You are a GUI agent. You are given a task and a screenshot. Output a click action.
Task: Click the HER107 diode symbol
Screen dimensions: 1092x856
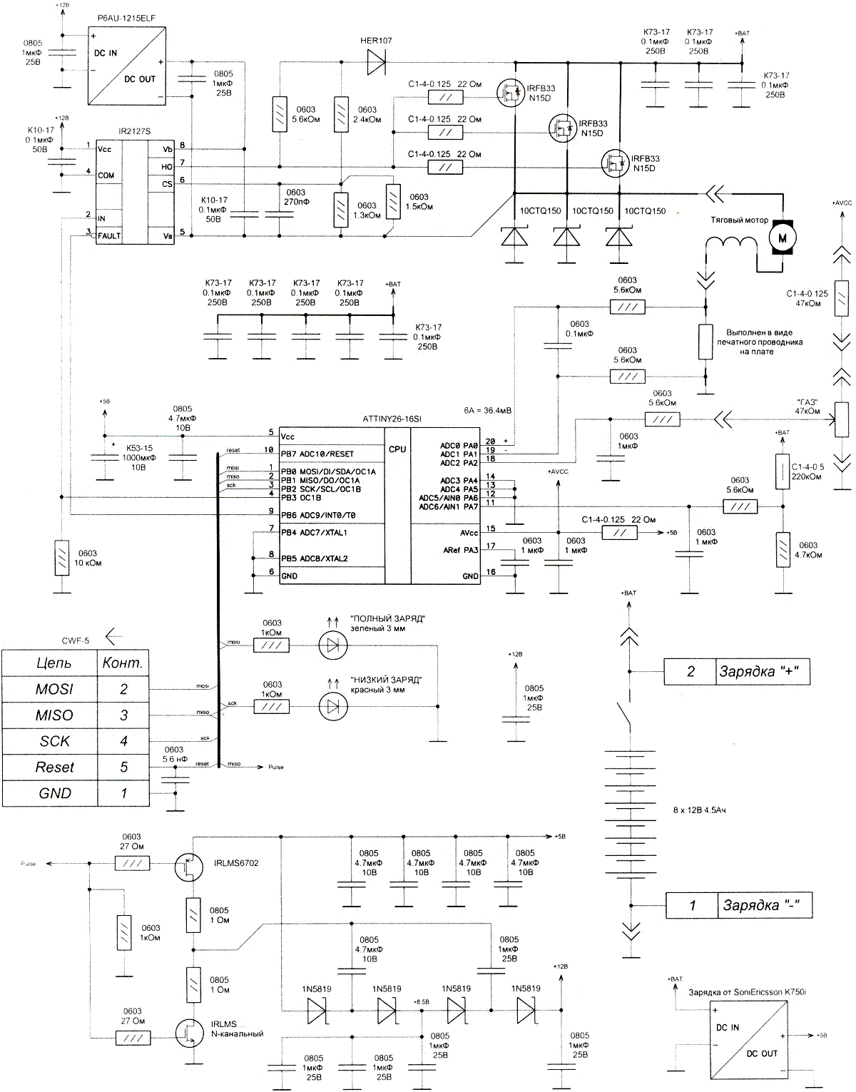coord(376,63)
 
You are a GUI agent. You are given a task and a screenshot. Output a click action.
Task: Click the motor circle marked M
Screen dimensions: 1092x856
coord(782,238)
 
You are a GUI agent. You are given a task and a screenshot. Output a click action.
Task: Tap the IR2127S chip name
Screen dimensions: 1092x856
coord(134,132)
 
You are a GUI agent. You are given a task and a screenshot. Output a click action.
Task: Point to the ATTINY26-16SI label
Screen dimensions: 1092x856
coord(392,419)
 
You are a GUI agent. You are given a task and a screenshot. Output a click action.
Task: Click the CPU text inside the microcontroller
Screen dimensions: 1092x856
coord(397,449)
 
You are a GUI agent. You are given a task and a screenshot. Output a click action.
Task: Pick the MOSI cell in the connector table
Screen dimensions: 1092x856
coord(54,689)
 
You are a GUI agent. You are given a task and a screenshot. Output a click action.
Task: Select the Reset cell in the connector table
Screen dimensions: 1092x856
coord(54,767)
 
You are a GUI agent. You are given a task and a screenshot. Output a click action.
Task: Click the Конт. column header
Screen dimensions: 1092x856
coord(123,663)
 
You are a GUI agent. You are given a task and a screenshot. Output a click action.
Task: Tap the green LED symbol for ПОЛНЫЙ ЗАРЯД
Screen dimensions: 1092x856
coord(332,645)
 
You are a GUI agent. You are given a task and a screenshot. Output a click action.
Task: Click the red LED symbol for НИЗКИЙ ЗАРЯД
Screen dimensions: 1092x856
coord(332,706)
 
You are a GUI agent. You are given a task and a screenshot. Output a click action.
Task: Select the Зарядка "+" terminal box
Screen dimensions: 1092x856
coord(737,671)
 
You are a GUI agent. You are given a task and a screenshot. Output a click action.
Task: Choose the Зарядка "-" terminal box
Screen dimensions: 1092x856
coord(738,905)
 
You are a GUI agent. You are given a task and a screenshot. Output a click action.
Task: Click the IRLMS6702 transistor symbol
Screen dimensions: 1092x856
coord(189,867)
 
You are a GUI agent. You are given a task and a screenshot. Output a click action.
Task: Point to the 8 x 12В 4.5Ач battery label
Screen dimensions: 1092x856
coord(699,810)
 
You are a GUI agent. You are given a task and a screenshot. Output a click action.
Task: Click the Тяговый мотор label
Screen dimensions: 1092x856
coord(739,220)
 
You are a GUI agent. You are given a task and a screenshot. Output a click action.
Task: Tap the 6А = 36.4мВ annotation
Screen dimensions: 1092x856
coord(487,411)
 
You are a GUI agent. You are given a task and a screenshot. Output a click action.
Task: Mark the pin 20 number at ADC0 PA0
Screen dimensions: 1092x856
coord(490,442)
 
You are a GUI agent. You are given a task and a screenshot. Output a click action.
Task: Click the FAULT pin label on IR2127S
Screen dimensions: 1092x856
coord(109,236)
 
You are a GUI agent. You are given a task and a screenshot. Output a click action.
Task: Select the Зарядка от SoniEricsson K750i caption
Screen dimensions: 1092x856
coord(747,992)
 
